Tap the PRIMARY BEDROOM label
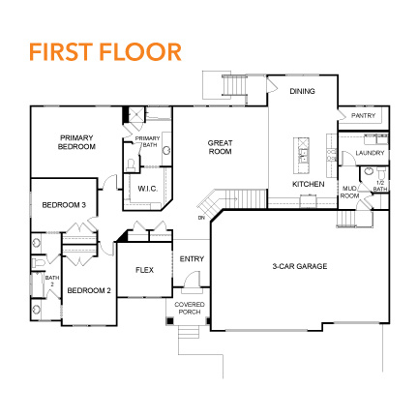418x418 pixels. pos(77,142)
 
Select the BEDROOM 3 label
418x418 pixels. pos(64,205)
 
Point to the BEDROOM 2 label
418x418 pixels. pos(89,290)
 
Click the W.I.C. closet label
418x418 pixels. pos(148,188)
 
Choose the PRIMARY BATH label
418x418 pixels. pos(147,142)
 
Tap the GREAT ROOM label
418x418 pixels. pos(221,147)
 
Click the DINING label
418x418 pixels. pos(303,91)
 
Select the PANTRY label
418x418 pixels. pos(363,115)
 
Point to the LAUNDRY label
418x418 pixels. pos(370,153)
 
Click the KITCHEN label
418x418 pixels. pos(308,183)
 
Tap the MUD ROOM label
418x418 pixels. pos(349,193)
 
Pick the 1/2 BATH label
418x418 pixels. pos(380,185)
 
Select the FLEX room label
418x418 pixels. pos(145,270)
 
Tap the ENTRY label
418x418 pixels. pos(192,258)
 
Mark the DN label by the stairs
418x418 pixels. pos(201,218)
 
